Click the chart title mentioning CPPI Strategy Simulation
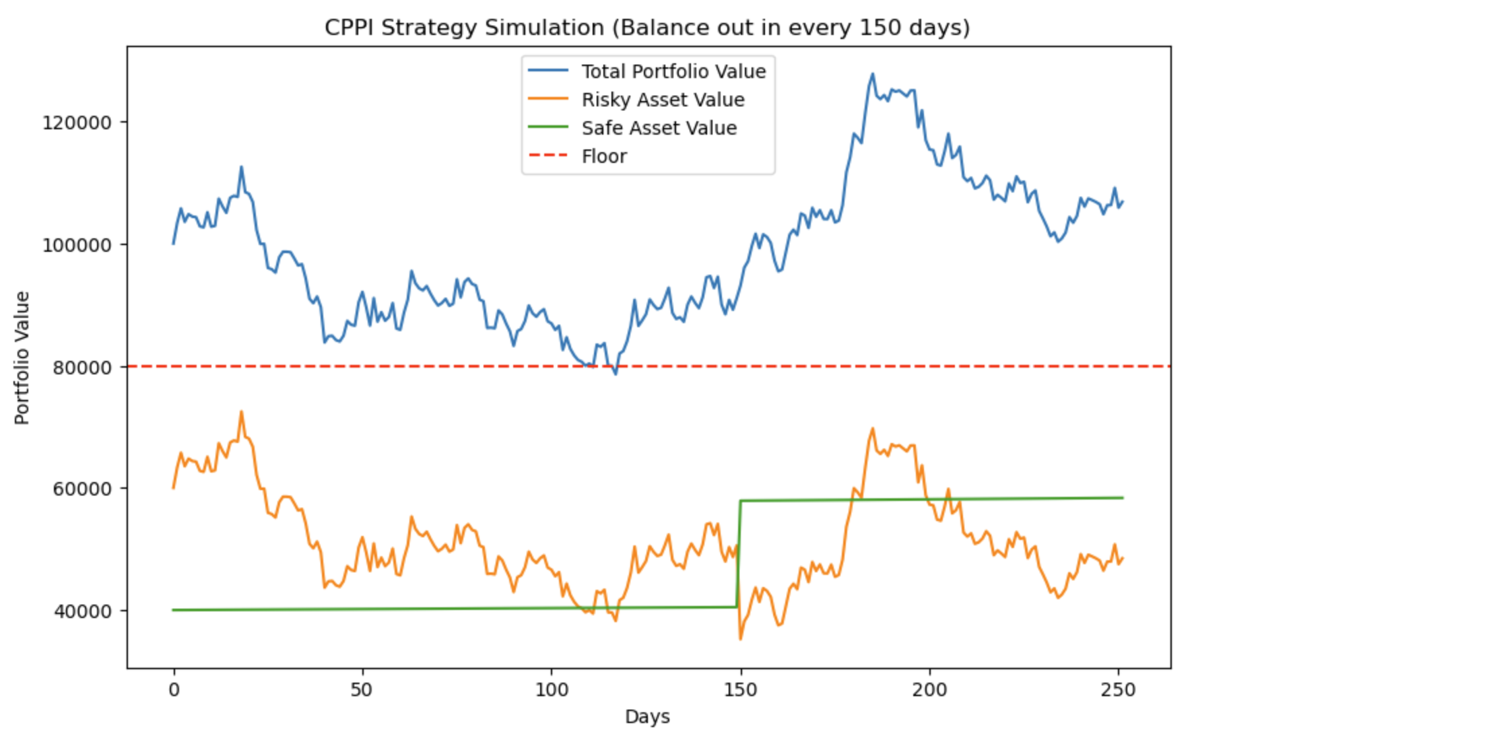647,28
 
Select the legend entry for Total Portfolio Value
673,71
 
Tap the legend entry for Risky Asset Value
663,100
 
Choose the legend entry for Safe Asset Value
659,128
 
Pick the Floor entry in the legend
603,156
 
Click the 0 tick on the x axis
174,690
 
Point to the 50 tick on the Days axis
362,690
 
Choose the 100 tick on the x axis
552,690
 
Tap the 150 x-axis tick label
741,690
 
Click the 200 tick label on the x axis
929,690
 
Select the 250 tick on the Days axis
1119,690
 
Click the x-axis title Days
647,716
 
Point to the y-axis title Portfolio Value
22,357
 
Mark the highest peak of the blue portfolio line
873,74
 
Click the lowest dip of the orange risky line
741,638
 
